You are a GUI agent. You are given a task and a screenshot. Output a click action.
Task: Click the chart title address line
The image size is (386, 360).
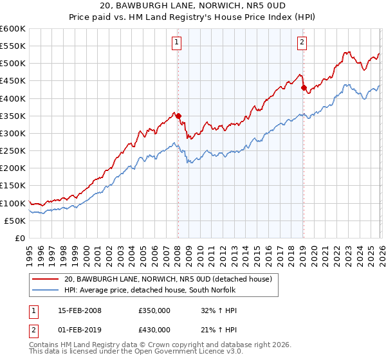click(192, 6)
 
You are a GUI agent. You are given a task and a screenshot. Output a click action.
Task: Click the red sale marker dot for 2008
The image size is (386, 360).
click(178, 116)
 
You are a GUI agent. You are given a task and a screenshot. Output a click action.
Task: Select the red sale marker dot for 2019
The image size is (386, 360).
click(303, 88)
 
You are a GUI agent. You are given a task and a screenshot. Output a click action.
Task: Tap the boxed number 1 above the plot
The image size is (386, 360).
click(176, 43)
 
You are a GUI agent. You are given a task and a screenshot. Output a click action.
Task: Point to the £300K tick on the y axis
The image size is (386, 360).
click(13, 133)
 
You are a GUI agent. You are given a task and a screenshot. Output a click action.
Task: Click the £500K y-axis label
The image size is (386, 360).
click(13, 63)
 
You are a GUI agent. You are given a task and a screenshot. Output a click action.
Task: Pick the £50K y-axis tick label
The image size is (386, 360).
click(15, 221)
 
